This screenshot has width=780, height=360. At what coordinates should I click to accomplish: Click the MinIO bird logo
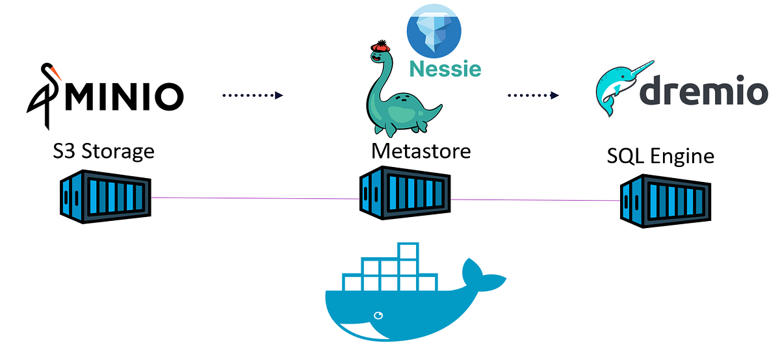pos(45,94)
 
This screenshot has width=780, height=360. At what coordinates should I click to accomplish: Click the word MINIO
pos(123,96)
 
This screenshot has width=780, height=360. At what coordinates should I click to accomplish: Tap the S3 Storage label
pos(103,151)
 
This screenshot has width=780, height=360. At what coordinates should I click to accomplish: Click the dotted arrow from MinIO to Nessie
pos(252,96)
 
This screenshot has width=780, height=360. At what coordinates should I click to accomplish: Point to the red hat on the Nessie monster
pos(380,48)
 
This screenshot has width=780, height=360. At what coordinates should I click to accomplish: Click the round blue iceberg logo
pos(434,29)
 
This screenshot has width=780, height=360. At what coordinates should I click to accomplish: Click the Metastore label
pos(421,151)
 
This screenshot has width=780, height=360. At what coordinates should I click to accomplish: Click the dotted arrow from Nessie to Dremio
pos(532,96)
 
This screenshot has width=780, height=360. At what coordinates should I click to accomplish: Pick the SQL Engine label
pos(660,156)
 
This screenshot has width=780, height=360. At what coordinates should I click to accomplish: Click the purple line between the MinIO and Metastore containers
pos(253,198)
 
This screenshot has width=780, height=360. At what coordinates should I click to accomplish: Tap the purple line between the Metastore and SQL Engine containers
pos(533,200)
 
